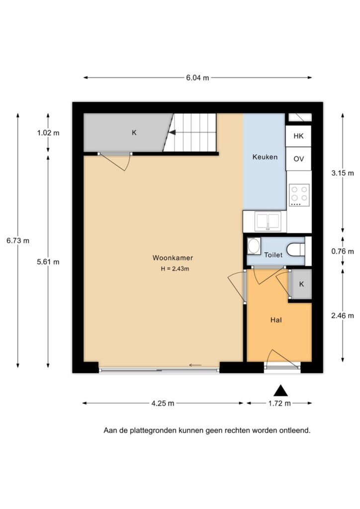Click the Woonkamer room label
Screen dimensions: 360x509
coord(173,258)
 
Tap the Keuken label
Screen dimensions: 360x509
coord(265,157)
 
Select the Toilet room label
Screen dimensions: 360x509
coord(273,255)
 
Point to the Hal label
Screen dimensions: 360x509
coord(276,320)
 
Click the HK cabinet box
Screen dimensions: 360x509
coord(298,136)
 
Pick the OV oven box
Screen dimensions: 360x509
coord(298,159)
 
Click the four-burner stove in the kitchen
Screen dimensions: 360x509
coord(299,195)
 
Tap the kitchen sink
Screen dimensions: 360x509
coord(268,221)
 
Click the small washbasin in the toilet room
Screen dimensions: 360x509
coord(254,247)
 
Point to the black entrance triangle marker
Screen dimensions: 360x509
coord(280,391)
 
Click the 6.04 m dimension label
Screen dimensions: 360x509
coord(197,78)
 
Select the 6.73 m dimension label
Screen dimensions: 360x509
coord(18,241)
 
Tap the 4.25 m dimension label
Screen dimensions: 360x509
coord(163,403)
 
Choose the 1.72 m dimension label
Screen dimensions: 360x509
coord(279,403)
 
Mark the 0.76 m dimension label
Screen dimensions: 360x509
coord(343,251)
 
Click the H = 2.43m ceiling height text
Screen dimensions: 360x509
coord(175,269)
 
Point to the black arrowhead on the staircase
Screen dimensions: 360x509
coord(172,132)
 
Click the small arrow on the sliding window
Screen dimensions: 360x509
coord(195,365)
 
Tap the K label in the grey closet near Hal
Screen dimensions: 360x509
coord(301,284)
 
